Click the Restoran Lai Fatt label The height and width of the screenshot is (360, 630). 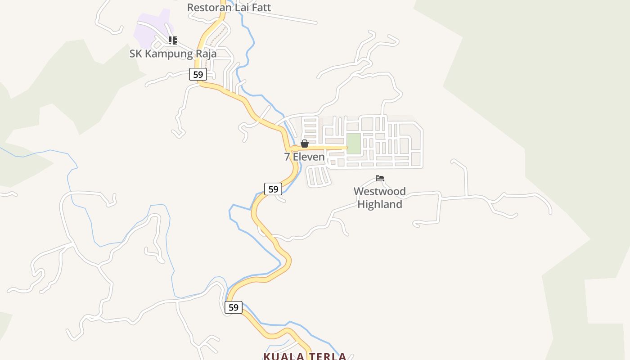229,7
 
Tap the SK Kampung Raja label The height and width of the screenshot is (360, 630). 173,54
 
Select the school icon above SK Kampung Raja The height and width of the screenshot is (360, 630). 173,40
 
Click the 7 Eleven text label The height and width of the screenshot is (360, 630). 304,157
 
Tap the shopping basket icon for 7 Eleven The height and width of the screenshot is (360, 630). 305,144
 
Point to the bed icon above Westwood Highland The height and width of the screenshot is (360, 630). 380,178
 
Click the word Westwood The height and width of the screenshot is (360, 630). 379,191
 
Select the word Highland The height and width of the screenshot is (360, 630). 379,204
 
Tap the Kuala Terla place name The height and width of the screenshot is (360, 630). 305,356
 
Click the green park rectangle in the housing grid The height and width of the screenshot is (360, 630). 354,144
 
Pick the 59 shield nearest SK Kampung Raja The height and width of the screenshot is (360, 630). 198,74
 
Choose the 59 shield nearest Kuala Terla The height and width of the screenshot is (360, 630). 233,307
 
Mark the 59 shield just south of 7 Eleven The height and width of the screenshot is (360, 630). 273,189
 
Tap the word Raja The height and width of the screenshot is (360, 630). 206,54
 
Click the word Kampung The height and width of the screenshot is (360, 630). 168,54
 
